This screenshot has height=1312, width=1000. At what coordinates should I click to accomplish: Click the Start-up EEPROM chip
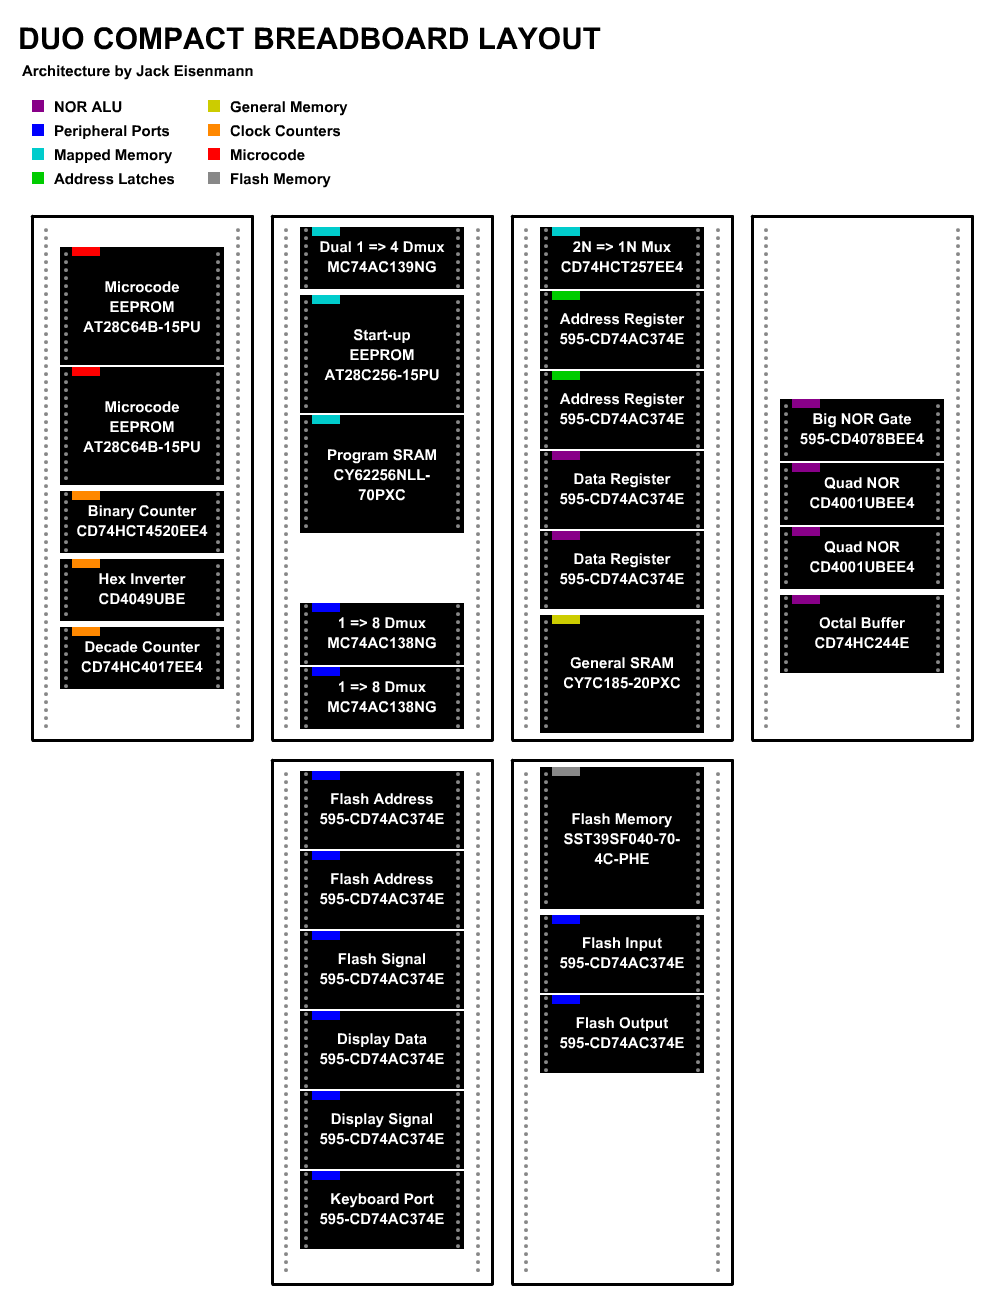coord(381,353)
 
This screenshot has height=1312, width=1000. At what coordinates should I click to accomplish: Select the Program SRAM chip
coord(381,473)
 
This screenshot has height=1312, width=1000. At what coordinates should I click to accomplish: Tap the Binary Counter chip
coord(142,521)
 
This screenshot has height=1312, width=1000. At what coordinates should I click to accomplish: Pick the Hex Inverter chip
coord(142,589)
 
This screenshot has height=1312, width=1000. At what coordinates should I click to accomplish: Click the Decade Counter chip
coord(142,657)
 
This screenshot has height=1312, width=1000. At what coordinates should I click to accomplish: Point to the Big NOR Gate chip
coord(861,429)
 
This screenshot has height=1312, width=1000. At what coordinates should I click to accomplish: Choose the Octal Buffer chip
coord(861,633)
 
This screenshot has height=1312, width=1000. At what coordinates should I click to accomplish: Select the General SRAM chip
coord(622,673)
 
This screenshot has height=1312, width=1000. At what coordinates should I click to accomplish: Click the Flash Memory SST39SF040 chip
coord(622,837)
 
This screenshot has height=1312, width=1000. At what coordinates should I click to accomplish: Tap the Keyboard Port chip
coord(381,1209)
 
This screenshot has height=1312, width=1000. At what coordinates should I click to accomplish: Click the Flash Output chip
coord(622,1033)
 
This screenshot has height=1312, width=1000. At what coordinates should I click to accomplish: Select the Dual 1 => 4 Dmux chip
coord(381,257)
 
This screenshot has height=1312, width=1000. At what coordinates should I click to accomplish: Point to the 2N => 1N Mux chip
coord(622,257)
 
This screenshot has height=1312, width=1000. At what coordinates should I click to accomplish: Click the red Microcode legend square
coord(214,154)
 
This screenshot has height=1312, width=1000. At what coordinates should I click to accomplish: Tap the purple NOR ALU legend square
coord(38,106)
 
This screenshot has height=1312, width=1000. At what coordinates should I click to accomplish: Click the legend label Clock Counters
coord(285,131)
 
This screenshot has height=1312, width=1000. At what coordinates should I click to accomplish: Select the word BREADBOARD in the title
coord(360,39)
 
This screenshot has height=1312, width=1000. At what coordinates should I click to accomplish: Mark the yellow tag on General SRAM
coord(565,619)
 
